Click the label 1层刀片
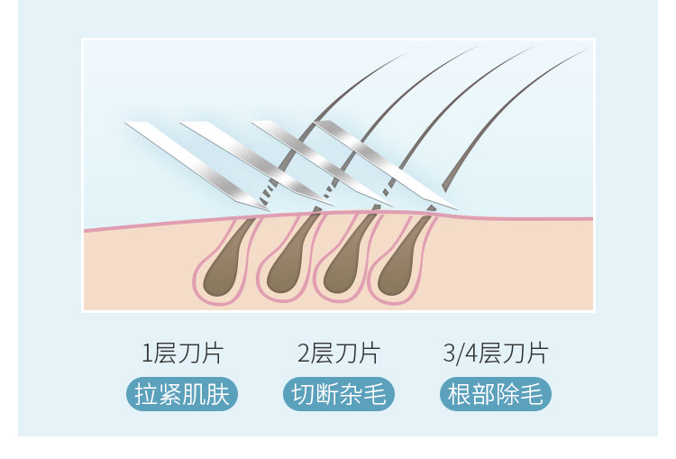coord(182,353)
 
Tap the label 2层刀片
coord(338,353)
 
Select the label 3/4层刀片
coord(495,353)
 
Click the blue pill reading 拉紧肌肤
coord(182,394)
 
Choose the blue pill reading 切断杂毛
coord(338,394)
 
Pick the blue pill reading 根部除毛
coord(495,394)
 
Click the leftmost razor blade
coord(194,162)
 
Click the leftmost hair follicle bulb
coord(224,266)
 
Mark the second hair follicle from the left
coord(287,266)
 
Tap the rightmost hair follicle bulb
coord(399,266)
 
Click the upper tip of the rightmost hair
coord(586,50)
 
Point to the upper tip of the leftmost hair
coord(406,54)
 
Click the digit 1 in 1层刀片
coord(146,353)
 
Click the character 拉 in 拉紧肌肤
coord(145,394)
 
